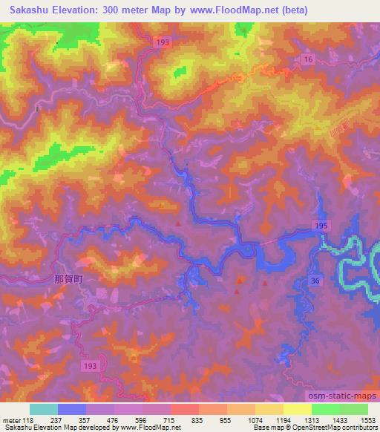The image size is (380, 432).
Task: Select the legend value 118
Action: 29,419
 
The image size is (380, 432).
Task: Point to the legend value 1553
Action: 367,419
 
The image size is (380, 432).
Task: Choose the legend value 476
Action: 114,419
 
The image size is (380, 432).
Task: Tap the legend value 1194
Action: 283,419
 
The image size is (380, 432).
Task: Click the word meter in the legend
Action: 11,419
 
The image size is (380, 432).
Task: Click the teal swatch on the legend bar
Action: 43,409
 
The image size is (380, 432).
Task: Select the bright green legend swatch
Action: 325,409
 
